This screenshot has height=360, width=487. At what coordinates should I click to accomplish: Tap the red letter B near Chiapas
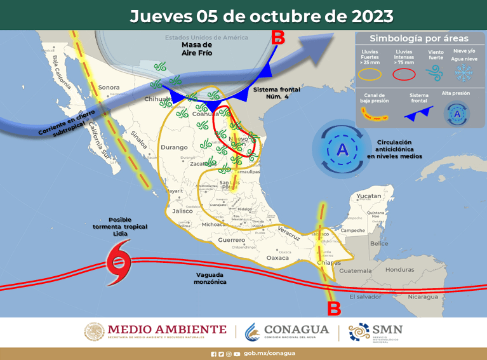pyautogui.click(x=334, y=309)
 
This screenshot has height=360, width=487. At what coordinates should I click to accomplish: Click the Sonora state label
pyautogui.click(x=109, y=87)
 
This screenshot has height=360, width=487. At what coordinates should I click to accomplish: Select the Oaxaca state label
pyautogui.click(x=277, y=258)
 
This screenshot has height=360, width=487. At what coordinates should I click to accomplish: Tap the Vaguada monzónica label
pyautogui.click(x=211, y=277)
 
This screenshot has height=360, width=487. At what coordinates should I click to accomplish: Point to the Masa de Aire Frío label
pyautogui.click(x=196, y=50)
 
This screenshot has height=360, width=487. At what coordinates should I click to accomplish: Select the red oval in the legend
pyautogui.click(x=404, y=74)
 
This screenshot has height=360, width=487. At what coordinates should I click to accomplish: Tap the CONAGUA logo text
pyautogui.click(x=296, y=330)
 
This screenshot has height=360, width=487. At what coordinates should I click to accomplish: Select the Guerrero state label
pyautogui.click(x=231, y=241)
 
